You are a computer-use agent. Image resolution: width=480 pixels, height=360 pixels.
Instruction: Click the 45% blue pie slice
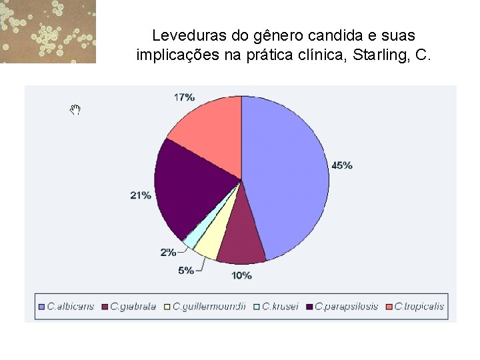click(x=287, y=173)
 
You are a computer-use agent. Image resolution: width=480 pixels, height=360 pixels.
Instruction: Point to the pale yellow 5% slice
click(x=209, y=242)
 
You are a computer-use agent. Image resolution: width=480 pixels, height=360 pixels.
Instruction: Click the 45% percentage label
click(x=342, y=165)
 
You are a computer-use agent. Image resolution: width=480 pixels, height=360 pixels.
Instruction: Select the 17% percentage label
click(x=184, y=97)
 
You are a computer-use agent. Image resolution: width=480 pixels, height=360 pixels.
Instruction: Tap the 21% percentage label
click(x=141, y=195)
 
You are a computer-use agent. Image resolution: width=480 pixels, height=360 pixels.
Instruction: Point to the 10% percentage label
click(x=241, y=275)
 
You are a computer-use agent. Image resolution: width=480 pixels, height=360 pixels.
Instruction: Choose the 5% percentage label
click(x=186, y=270)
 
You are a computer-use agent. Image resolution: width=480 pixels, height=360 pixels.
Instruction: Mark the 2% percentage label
click(x=168, y=252)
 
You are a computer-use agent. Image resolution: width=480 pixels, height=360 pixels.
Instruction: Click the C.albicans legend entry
click(x=66, y=307)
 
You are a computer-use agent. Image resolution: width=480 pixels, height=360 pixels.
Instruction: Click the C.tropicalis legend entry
click(x=417, y=307)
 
